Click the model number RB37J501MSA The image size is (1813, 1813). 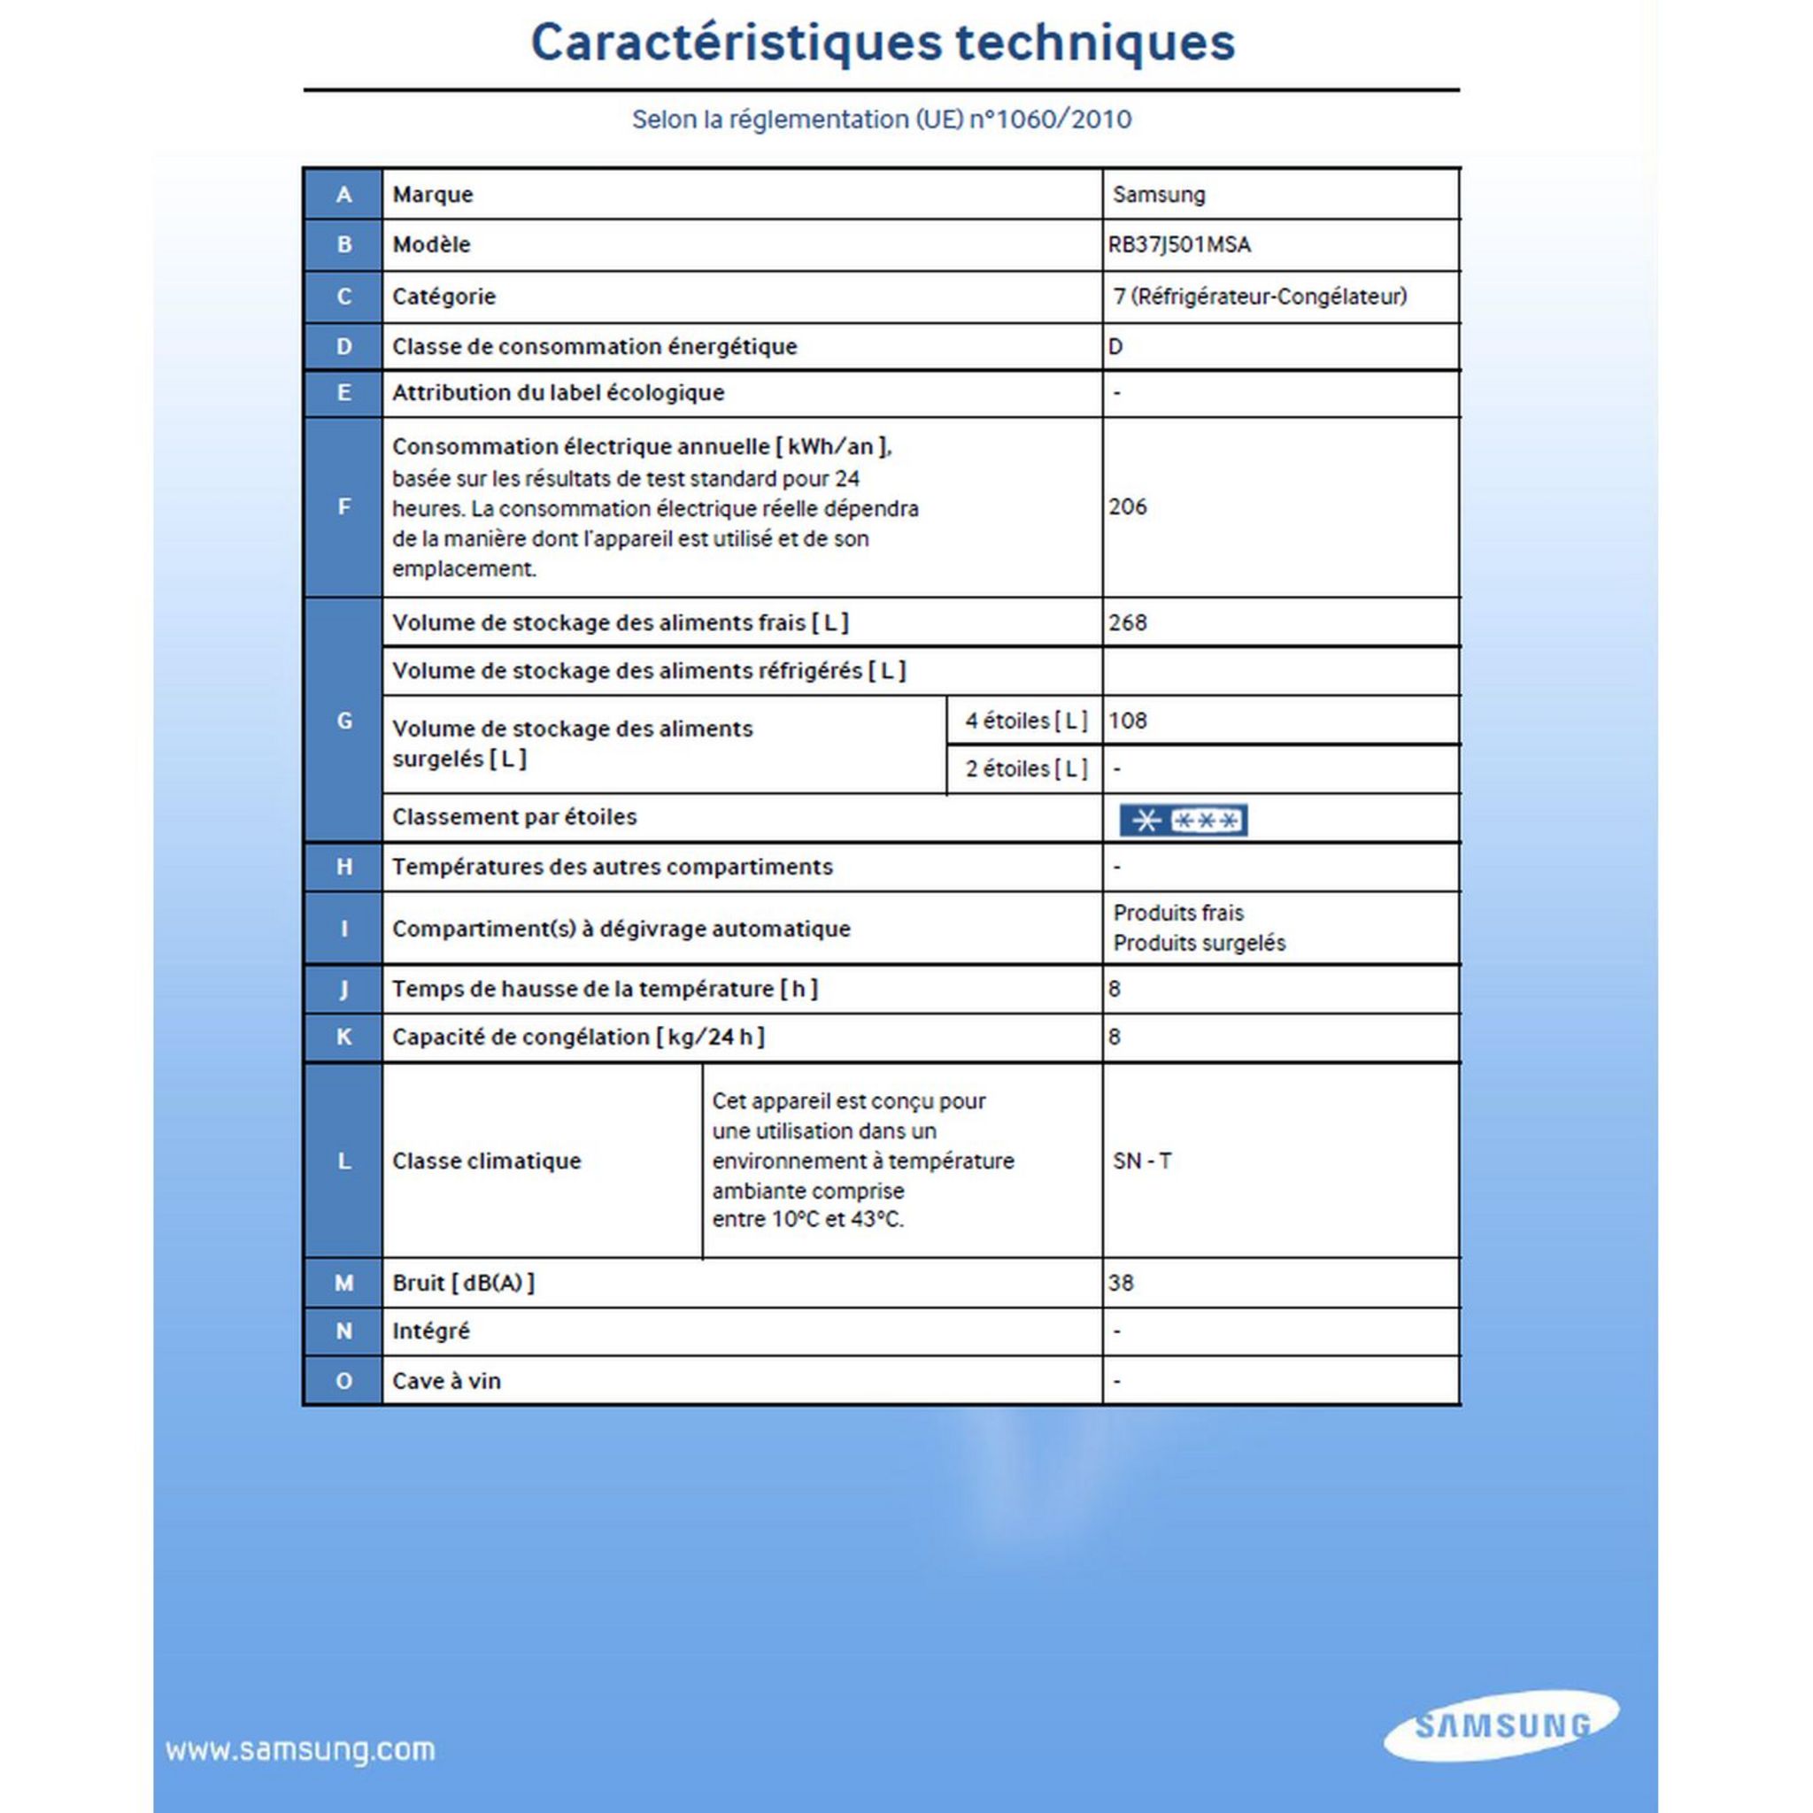coord(1178,245)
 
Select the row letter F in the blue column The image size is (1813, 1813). coord(343,506)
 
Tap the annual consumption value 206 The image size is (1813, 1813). coord(1127,506)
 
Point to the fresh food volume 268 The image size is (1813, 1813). coord(1127,622)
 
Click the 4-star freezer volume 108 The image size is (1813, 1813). coord(1127,721)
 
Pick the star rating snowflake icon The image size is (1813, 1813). coord(1183,820)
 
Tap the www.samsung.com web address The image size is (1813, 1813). coord(300,1750)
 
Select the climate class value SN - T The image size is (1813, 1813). coord(1141,1161)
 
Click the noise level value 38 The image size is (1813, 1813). coord(1121,1283)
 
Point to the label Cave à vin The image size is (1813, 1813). coord(446,1380)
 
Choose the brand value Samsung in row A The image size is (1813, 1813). coord(1158,194)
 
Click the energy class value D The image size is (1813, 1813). coord(1115,346)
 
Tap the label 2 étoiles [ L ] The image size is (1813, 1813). coord(1026,768)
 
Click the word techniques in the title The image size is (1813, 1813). coord(1094,42)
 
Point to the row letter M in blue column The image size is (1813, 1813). coord(343,1283)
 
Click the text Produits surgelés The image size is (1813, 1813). coord(1199,943)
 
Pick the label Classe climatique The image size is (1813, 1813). coord(486,1161)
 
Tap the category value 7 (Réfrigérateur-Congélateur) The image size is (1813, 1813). coord(1260,297)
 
